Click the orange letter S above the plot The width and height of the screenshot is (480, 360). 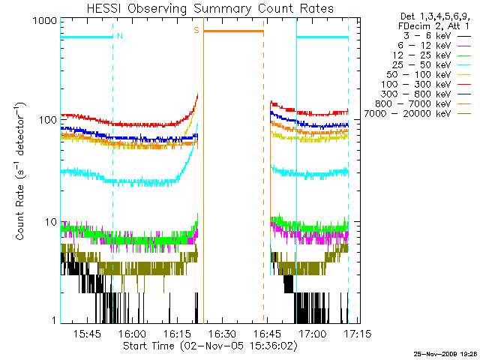(196, 30)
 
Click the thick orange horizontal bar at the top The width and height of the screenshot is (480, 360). (234, 31)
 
